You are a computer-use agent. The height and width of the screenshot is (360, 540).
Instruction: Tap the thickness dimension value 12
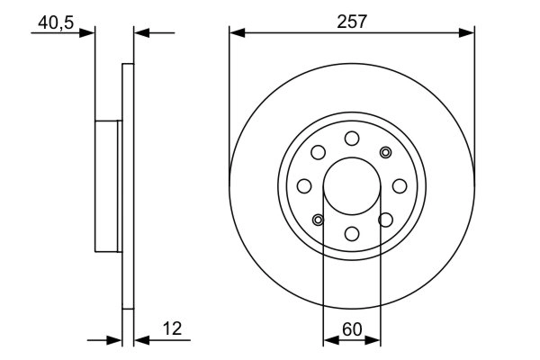click(x=172, y=330)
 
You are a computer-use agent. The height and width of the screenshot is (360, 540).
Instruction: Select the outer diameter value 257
click(x=352, y=23)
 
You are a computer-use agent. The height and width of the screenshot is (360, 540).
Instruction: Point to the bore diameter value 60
click(x=352, y=330)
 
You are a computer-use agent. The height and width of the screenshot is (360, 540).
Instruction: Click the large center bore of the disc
click(x=352, y=185)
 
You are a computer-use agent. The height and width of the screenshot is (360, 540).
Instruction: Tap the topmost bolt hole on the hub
click(x=352, y=138)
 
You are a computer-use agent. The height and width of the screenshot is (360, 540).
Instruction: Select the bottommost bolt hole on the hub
click(x=352, y=234)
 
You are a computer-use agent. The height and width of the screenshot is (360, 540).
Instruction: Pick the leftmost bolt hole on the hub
click(x=304, y=186)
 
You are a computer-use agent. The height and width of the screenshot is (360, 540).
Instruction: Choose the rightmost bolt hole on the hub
click(x=400, y=185)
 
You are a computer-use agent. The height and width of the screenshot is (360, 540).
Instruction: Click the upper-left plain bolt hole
click(x=318, y=152)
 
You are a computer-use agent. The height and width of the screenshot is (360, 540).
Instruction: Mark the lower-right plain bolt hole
click(x=386, y=220)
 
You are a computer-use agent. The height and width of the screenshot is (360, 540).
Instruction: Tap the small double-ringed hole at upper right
click(x=386, y=151)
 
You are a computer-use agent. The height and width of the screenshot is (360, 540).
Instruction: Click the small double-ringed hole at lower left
click(x=318, y=220)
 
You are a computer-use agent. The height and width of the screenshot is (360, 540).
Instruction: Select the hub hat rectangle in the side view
click(x=108, y=186)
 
